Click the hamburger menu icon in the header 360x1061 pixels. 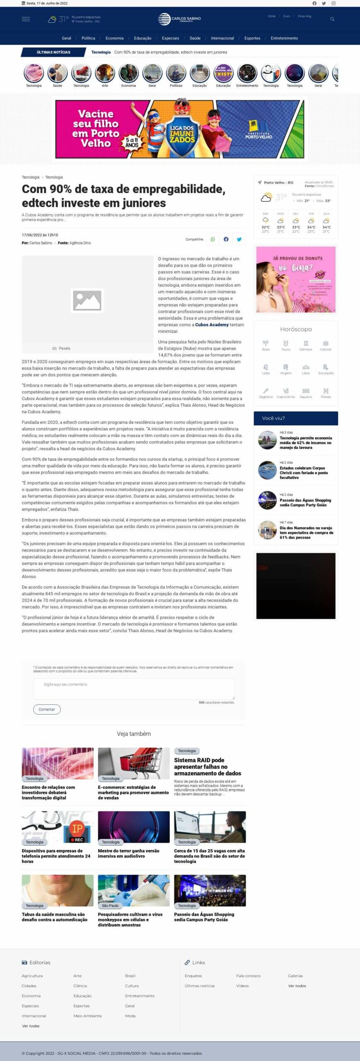(26, 19)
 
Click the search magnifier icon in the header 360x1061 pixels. (332, 19)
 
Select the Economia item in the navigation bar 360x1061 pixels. (114, 38)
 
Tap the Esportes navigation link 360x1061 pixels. (252, 38)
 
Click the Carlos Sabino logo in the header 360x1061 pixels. (179, 19)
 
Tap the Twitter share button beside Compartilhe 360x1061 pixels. (239, 239)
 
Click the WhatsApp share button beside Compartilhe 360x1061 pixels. (213, 239)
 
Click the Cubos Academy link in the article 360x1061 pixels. (212, 325)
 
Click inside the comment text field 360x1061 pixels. (133, 688)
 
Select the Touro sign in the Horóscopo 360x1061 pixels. (286, 345)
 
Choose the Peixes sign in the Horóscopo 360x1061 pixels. (326, 393)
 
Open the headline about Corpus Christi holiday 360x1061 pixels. (303, 472)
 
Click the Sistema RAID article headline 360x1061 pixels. (207, 766)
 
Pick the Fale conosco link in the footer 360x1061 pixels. (248, 976)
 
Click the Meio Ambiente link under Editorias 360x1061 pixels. (87, 1016)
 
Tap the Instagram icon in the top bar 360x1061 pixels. (333, 3)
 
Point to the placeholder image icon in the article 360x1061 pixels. (87, 300)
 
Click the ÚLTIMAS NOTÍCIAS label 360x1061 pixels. (53, 52)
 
